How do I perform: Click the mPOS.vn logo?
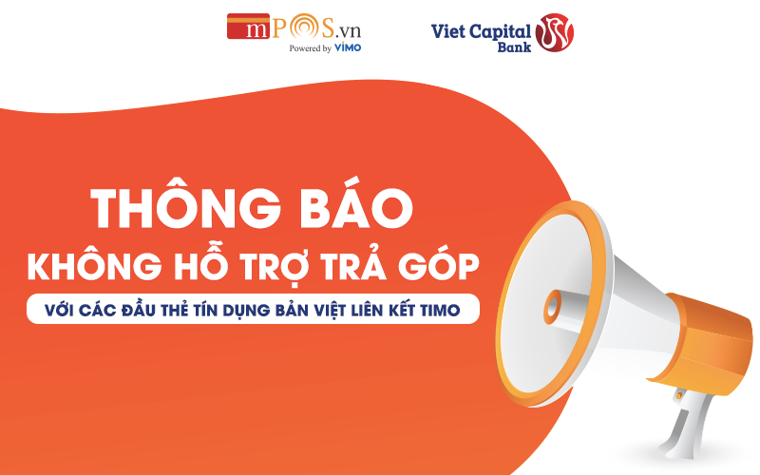point(294,32)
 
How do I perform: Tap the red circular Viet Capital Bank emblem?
point(555,32)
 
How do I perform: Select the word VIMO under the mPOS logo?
point(348,47)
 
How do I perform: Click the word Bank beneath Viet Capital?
point(514,47)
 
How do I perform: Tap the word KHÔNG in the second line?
point(94,265)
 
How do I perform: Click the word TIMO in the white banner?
point(440,311)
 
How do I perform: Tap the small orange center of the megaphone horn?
point(552,307)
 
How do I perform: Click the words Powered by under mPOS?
point(311,48)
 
